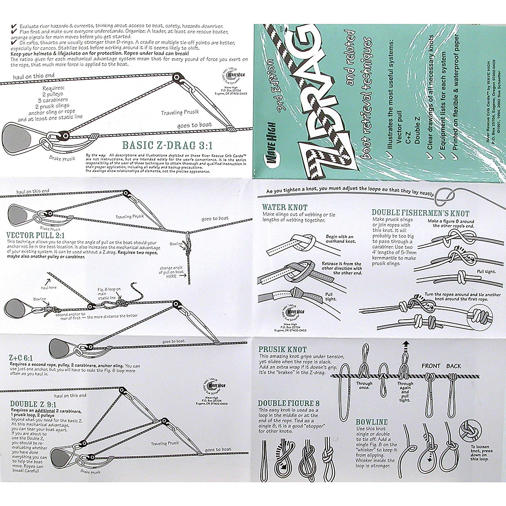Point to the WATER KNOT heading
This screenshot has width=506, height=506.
click(x=285, y=207)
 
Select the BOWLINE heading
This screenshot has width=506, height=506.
click(x=371, y=422)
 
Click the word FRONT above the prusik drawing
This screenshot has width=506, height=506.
click(x=431, y=366)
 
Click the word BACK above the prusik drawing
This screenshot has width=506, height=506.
click(x=454, y=366)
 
